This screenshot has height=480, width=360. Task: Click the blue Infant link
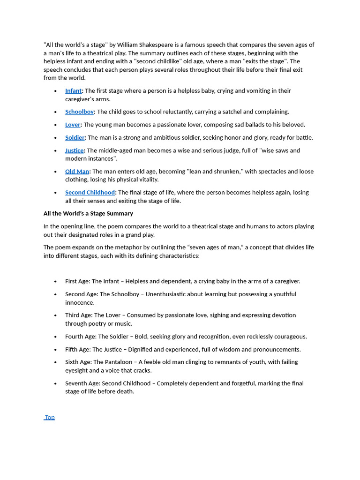point(73,91)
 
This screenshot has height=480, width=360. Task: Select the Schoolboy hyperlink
point(79,112)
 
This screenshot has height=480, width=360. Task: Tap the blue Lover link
point(73,125)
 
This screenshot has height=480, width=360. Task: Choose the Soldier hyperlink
point(75,138)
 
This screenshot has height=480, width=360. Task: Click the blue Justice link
point(74,150)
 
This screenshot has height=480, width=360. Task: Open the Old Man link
point(77,172)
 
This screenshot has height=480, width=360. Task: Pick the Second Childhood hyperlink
point(90,193)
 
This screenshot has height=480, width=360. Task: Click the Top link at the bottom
point(50,417)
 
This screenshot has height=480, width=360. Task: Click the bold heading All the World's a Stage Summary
point(88,214)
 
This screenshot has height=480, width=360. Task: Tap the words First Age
point(77,282)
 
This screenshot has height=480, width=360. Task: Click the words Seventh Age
point(82,383)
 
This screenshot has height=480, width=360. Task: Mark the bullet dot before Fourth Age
point(55,337)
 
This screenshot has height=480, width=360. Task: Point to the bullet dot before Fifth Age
point(55,350)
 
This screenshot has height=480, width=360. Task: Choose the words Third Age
point(78,315)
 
